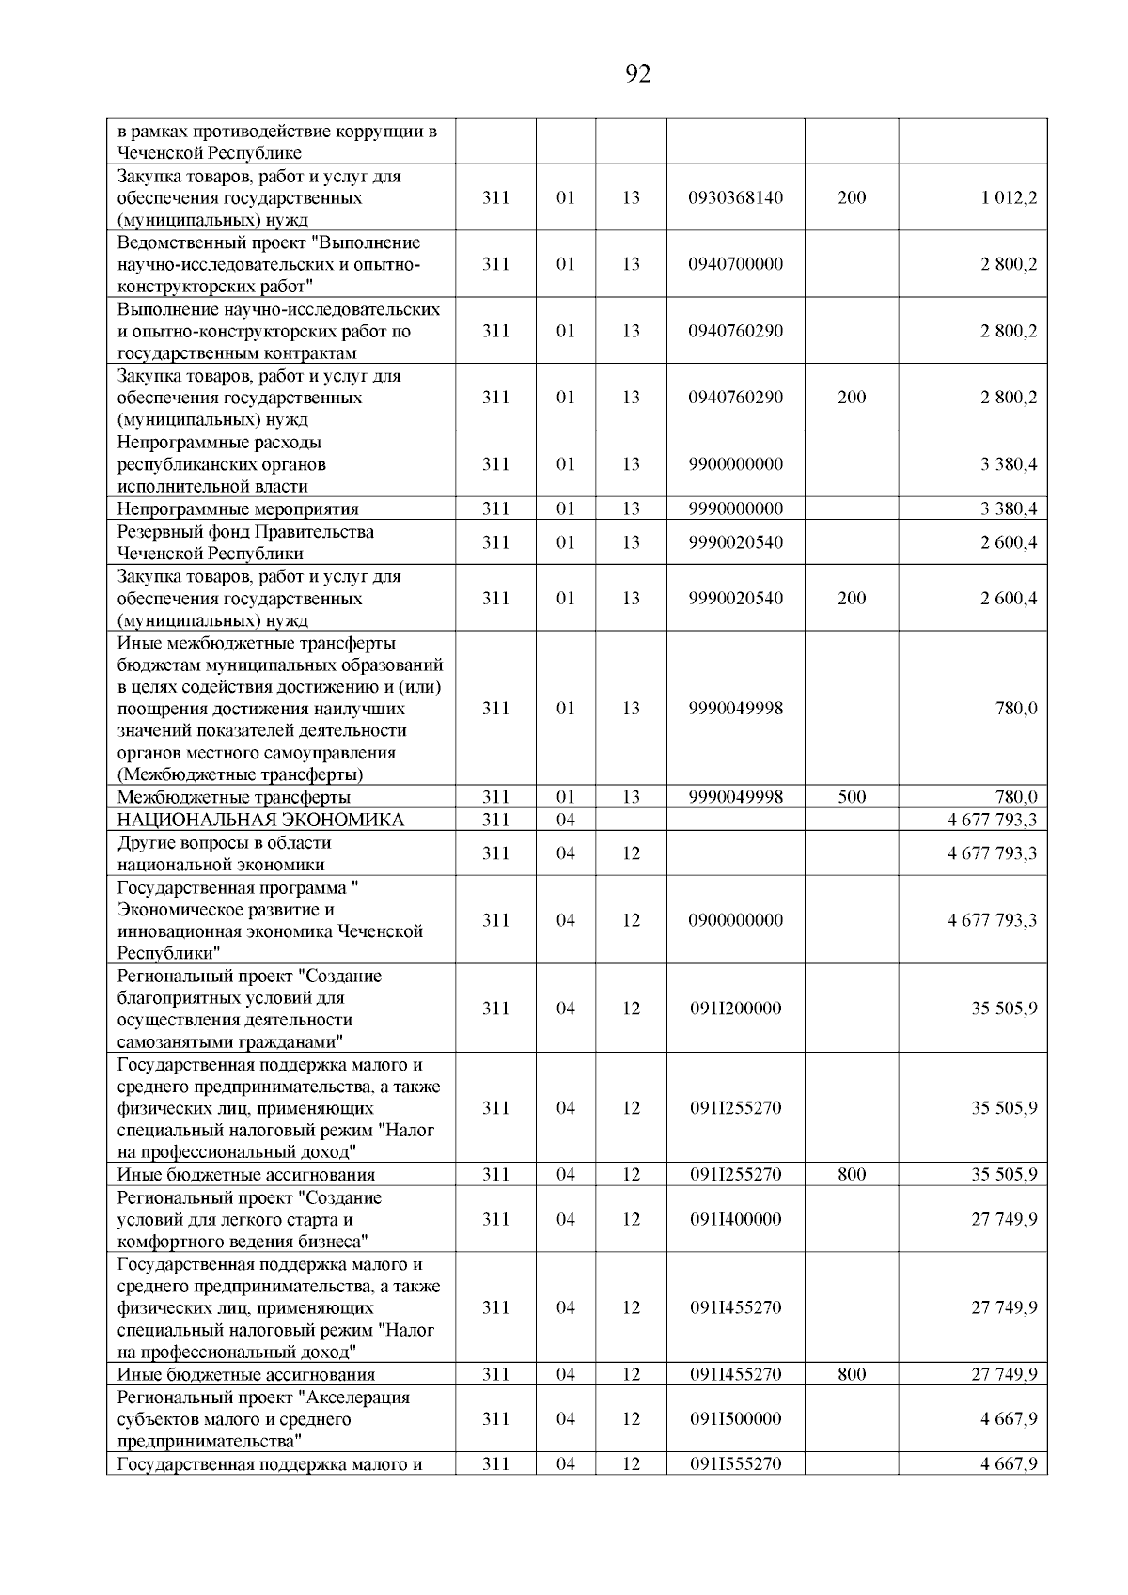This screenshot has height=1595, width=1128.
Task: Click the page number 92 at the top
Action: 637,74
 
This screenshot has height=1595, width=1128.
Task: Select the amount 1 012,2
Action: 1010,198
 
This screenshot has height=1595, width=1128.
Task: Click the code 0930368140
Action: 735,198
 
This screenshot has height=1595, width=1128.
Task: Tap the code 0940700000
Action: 735,264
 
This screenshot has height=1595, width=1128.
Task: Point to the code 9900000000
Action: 735,464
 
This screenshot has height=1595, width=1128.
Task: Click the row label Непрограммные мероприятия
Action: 238,509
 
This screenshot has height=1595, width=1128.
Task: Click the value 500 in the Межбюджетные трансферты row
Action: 852,797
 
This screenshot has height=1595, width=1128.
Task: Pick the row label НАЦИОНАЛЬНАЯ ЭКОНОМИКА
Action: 260,820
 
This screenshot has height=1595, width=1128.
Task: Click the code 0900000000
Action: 735,920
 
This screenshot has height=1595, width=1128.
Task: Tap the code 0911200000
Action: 735,1009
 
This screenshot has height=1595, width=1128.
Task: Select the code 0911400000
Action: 735,1219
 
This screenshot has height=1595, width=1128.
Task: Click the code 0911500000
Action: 735,1419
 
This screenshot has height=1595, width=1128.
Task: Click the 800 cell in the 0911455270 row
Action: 852,1374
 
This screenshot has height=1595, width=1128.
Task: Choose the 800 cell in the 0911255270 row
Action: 852,1174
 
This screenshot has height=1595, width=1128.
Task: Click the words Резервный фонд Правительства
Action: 245,532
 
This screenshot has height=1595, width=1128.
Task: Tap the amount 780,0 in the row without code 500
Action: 1016,709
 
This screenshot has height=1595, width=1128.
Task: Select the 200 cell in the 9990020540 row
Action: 852,599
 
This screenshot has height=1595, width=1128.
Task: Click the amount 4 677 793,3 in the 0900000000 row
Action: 992,920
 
